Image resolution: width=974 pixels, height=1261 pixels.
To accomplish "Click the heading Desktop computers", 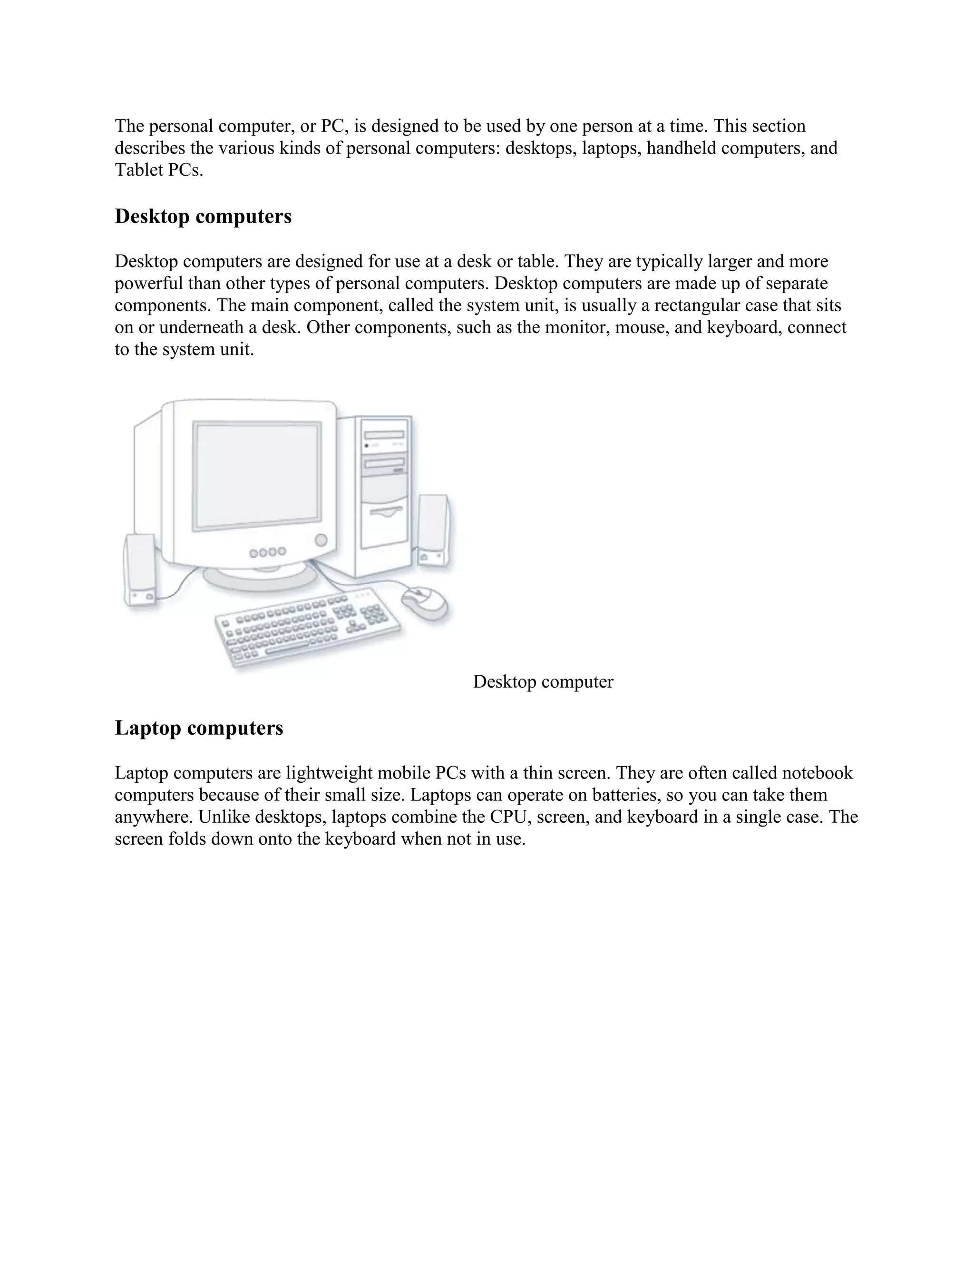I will point(203,217).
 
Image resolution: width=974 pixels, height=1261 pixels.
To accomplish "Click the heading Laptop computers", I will point(199,728).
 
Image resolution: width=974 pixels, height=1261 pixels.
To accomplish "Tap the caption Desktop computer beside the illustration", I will point(543,682).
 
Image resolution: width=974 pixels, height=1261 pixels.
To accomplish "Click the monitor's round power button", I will point(321,541).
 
